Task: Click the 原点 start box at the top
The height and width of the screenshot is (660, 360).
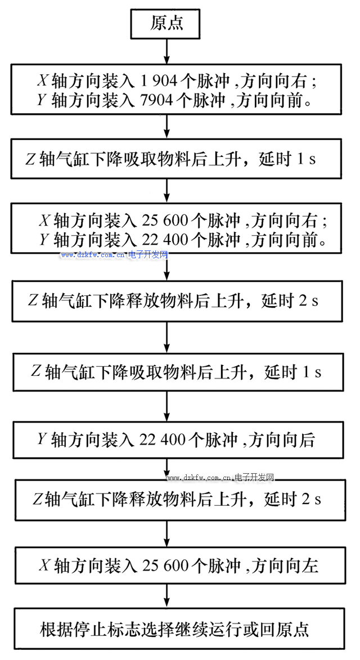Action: (x=166, y=24)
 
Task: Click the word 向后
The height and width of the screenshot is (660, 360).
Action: (x=299, y=440)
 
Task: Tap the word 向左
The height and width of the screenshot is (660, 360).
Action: (x=302, y=565)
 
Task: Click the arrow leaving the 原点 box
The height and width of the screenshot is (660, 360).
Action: (x=166, y=51)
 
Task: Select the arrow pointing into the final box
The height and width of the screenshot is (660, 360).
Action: (x=166, y=595)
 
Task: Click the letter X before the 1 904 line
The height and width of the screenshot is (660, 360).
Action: (x=43, y=82)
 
